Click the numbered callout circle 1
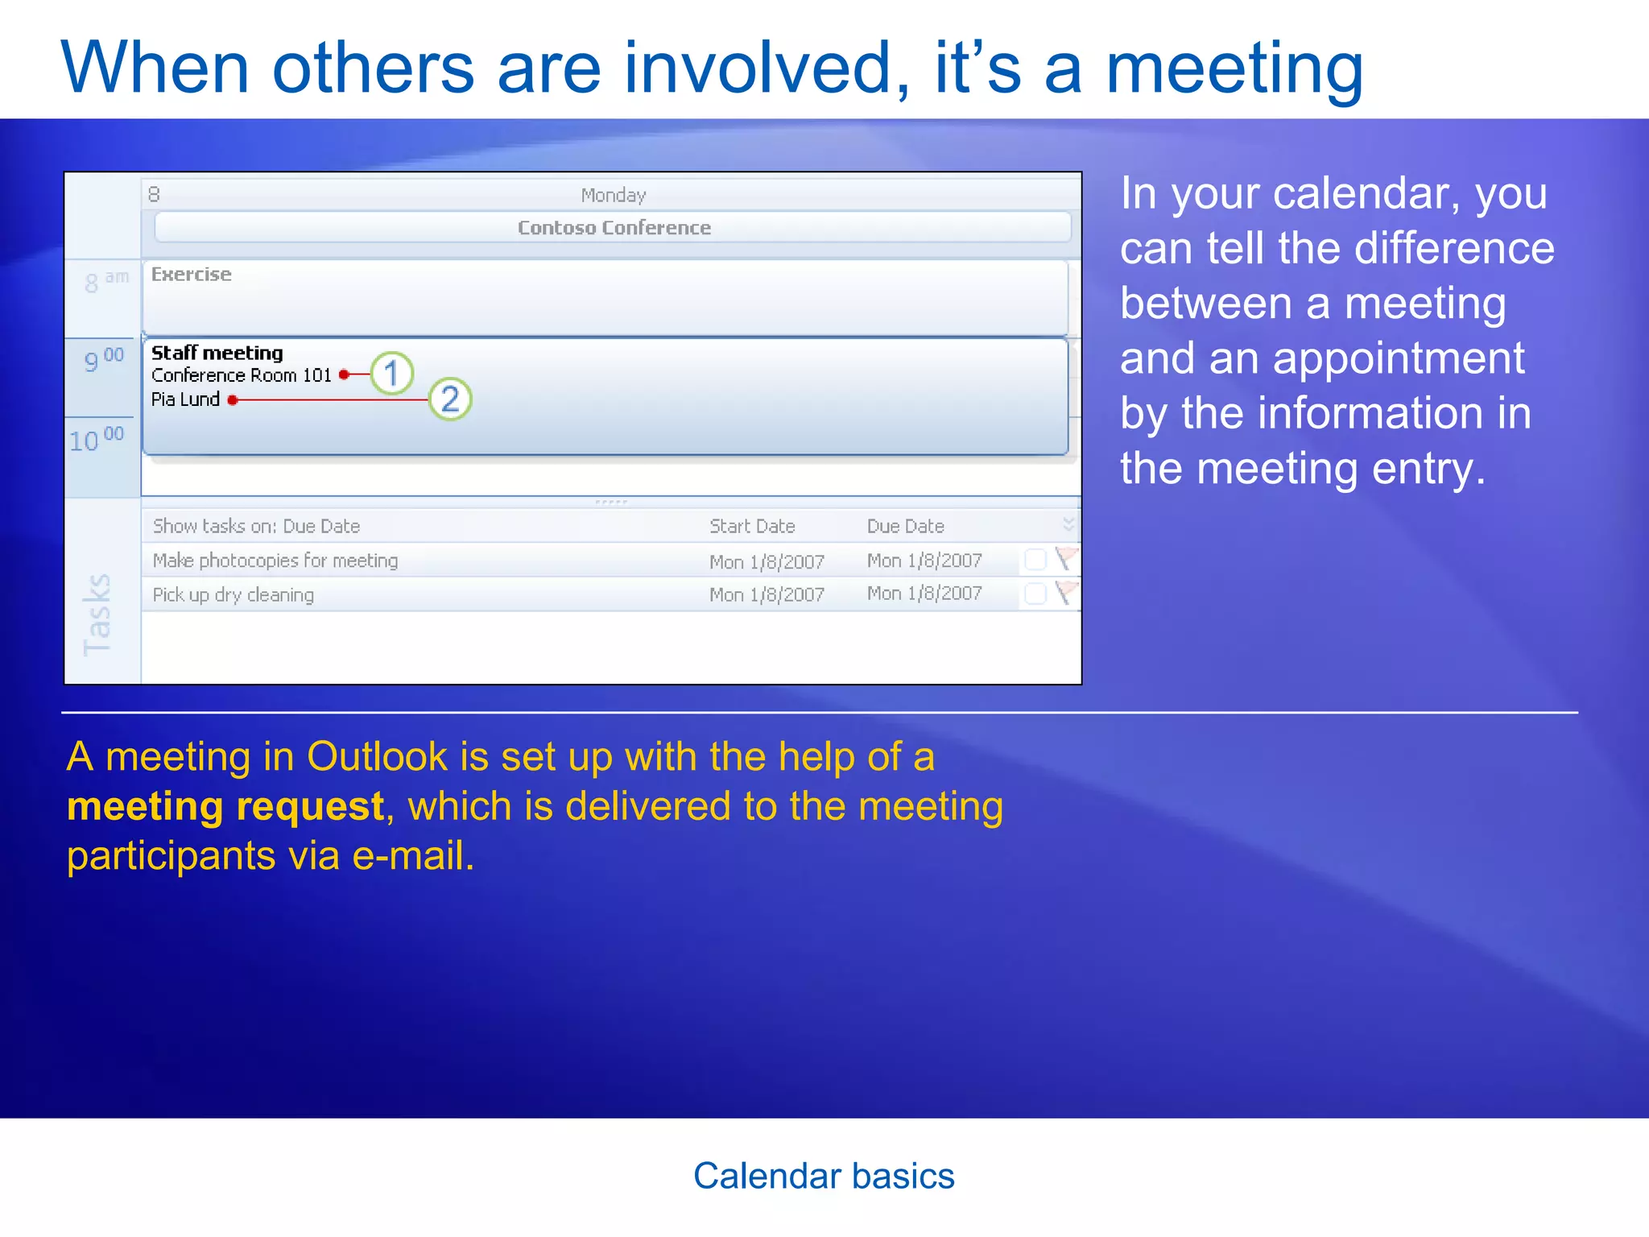391,374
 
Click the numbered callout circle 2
449,399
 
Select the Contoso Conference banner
614,228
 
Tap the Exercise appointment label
192,275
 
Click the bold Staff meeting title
217,353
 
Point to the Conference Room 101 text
242,375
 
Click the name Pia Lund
185,399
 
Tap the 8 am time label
105,281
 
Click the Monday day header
614,195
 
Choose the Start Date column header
752,526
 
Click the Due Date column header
905,526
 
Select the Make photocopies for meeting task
275,561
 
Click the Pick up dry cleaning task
234,595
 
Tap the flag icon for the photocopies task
1066,558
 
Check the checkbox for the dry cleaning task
1035,594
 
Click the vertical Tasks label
97,614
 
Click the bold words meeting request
225,806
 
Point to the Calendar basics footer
824,1176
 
